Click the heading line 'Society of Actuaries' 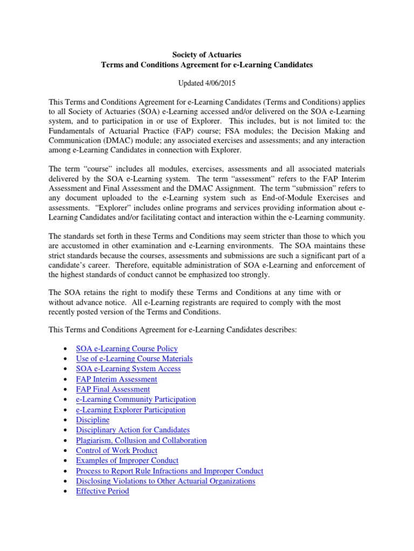click(x=207, y=54)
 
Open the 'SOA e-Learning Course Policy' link click(x=127, y=349)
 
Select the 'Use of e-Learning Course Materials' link click(x=134, y=359)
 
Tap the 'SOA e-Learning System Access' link click(x=128, y=369)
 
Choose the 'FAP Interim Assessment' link click(x=116, y=379)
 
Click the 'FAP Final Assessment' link click(x=113, y=390)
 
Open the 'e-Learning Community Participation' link click(x=136, y=400)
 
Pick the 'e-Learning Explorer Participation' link click(x=130, y=410)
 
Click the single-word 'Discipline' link click(x=93, y=420)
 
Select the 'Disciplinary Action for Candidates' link click(x=133, y=430)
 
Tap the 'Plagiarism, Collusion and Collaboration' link click(x=141, y=441)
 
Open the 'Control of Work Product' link click(x=116, y=451)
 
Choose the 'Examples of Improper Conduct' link click(x=127, y=461)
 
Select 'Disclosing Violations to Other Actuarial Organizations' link click(x=165, y=482)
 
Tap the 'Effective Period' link click(x=102, y=492)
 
